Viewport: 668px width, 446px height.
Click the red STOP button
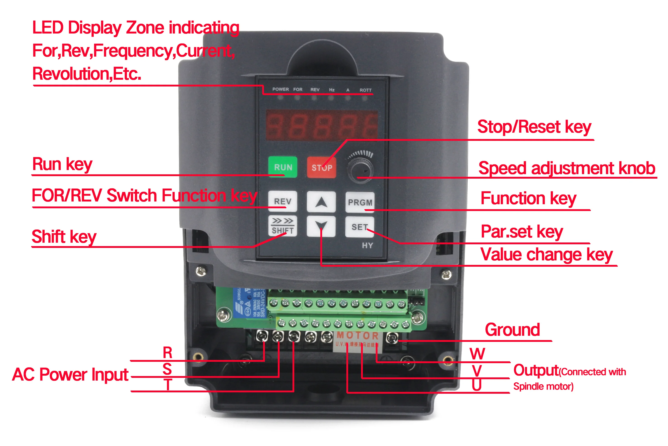(321, 168)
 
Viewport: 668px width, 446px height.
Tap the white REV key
(283, 201)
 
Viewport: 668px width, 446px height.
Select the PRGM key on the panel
(360, 202)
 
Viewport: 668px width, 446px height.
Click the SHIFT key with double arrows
(283, 226)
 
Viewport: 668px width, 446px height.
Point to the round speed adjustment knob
(360, 170)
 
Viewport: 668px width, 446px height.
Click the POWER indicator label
(281, 89)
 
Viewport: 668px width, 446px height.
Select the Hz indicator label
(332, 90)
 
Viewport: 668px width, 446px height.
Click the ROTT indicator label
(365, 90)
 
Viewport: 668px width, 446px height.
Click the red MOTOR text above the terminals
(357, 336)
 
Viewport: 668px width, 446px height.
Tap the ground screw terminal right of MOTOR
(392, 338)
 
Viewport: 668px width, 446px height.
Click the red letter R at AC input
(168, 353)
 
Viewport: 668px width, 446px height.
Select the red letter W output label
(477, 354)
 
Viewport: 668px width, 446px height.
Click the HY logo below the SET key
(367, 245)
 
